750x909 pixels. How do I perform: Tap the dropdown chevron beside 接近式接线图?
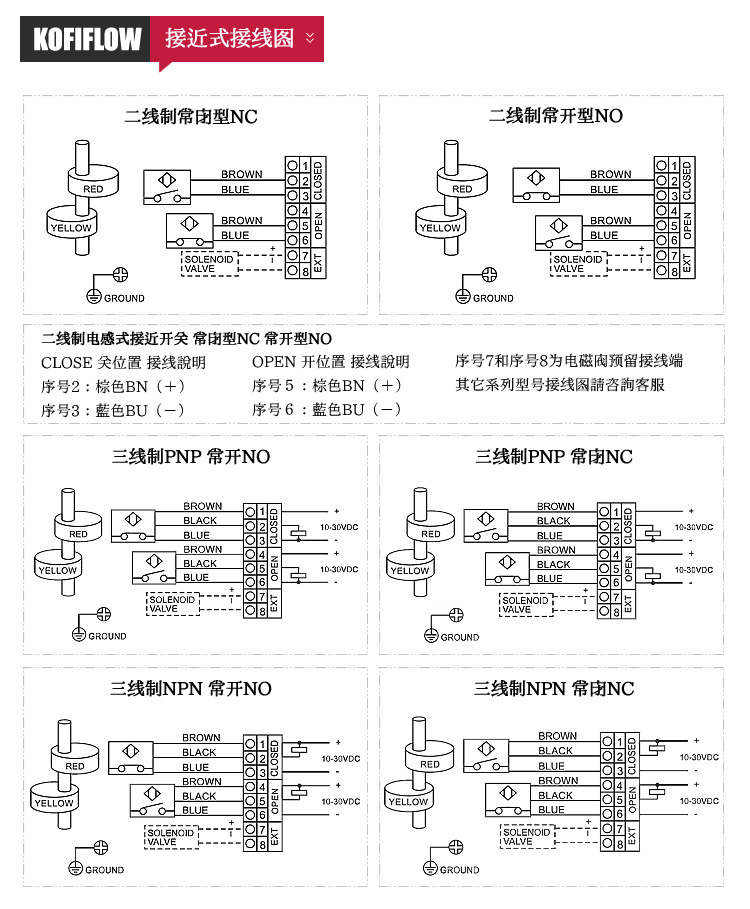click(x=310, y=39)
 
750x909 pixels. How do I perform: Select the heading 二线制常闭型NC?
click(x=190, y=116)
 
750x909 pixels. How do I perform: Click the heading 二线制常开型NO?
click(x=555, y=116)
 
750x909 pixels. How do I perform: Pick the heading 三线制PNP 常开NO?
click(x=190, y=457)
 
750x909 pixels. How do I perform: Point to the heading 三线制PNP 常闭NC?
click(x=553, y=457)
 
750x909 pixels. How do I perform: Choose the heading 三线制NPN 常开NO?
click(x=190, y=689)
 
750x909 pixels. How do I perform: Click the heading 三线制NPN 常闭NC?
click(x=553, y=689)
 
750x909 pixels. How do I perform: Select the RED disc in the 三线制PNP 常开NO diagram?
click(x=78, y=533)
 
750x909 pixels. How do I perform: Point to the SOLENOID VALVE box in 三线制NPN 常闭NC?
click(x=527, y=836)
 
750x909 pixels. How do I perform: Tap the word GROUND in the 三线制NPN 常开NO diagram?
click(x=104, y=870)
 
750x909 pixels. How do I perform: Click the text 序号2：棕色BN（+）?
click(x=113, y=386)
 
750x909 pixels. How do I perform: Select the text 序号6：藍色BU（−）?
click(x=327, y=410)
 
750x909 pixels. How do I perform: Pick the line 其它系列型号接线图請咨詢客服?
click(x=560, y=385)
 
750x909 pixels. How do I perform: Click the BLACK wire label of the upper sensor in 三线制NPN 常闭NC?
click(x=555, y=751)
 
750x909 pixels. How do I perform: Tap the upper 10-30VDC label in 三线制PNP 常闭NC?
click(x=693, y=527)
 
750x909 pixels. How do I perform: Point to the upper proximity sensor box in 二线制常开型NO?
click(x=534, y=182)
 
